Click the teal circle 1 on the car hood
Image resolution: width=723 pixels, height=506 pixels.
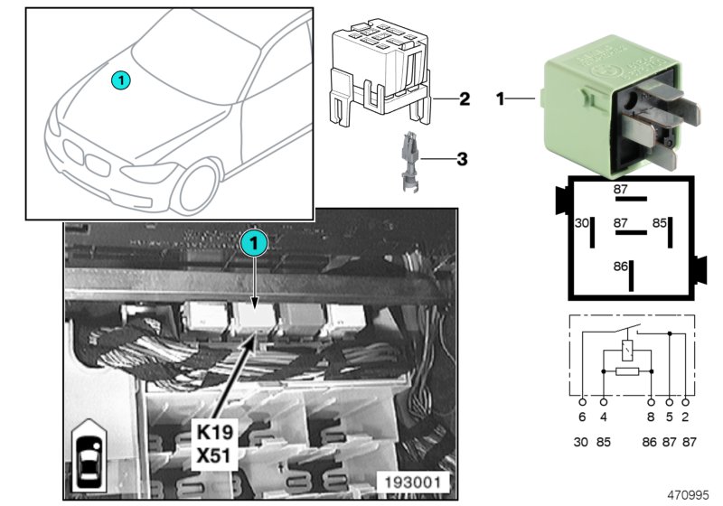[x=121, y=80]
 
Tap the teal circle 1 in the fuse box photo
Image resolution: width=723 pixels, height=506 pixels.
[x=255, y=243]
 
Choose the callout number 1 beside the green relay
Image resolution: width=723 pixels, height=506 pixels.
[x=499, y=97]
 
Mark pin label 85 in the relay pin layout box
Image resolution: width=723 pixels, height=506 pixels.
[x=660, y=221]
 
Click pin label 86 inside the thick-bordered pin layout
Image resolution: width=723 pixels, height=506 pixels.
[x=619, y=267]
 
